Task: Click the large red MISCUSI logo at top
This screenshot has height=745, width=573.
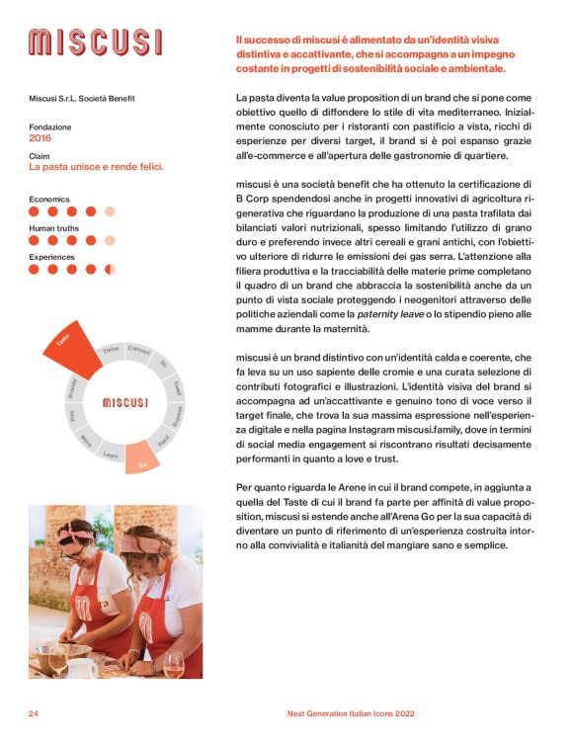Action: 95,42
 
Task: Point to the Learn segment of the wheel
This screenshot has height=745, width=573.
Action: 112,455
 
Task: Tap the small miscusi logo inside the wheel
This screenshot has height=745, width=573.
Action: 124,402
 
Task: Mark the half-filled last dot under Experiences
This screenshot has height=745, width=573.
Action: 110,269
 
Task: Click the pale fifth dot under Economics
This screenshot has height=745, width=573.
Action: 110,210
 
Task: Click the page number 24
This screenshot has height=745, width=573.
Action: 33,712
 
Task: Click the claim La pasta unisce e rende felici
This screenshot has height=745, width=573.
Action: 96,167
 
